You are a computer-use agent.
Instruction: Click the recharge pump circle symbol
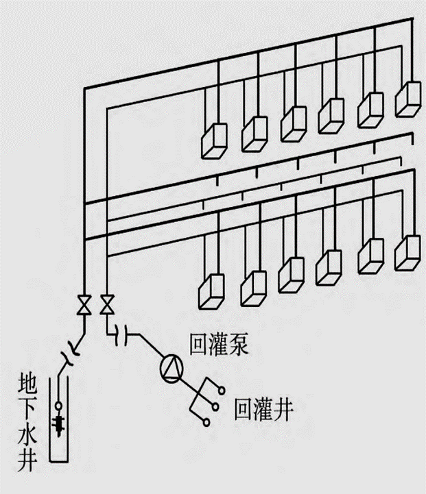[171, 370]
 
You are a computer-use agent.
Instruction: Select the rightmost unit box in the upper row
[410, 100]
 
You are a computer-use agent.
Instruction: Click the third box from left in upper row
[293, 123]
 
